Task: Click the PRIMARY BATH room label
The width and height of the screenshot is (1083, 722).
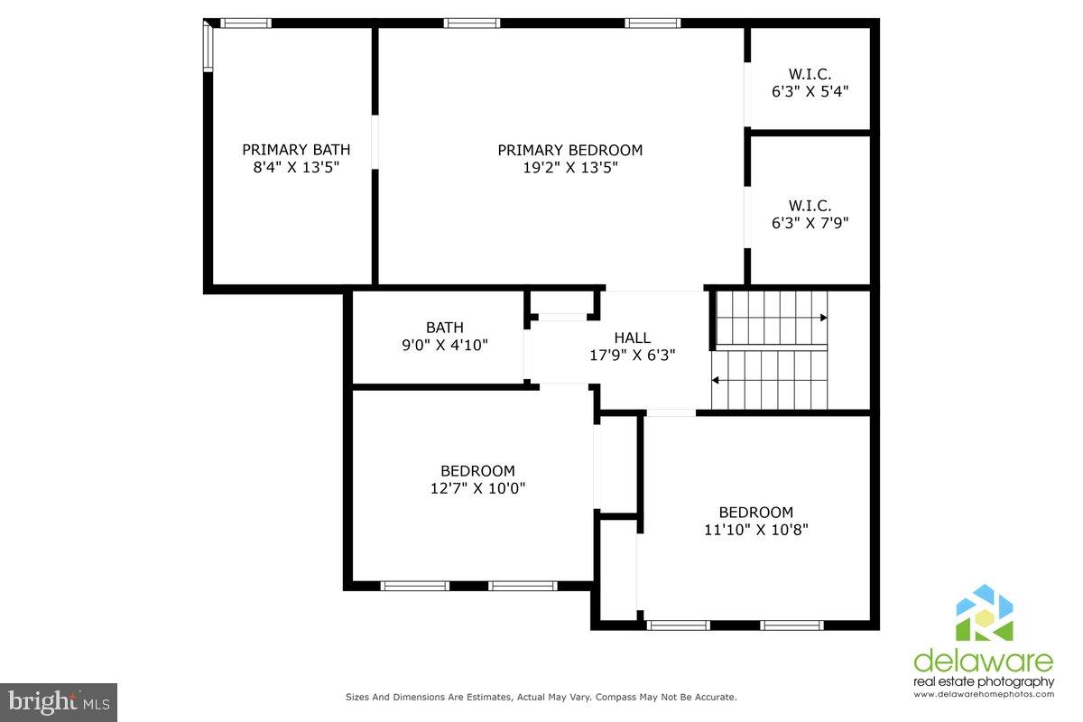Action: [296, 150]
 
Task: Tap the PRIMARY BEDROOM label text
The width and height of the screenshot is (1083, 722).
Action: [570, 150]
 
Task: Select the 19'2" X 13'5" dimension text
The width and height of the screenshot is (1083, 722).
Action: [570, 167]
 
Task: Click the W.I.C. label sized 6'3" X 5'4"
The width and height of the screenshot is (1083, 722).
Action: [810, 74]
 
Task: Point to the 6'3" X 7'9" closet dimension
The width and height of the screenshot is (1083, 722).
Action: [810, 222]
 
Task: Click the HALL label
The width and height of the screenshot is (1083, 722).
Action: [632, 338]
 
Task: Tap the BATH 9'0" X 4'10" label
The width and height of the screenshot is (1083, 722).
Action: [445, 336]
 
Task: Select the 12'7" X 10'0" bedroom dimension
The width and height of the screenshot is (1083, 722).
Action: [477, 488]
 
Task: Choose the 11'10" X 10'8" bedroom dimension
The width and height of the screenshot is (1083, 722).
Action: [755, 530]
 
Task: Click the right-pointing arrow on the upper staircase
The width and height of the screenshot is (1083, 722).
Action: [824, 318]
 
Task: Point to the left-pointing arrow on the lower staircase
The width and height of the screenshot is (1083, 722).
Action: [715, 380]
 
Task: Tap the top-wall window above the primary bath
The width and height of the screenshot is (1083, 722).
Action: [246, 23]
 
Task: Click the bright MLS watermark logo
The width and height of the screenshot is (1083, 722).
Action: [59, 702]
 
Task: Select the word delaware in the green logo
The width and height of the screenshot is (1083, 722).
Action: [984, 661]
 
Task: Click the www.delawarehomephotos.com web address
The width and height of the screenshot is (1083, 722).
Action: [984, 694]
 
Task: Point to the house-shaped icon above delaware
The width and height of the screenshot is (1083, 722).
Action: [985, 612]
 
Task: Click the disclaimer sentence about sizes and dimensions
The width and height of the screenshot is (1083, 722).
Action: [541, 697]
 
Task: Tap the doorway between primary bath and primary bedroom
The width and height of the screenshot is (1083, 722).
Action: [375, 143]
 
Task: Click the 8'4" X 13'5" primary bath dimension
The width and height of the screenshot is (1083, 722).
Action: [296, 167]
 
